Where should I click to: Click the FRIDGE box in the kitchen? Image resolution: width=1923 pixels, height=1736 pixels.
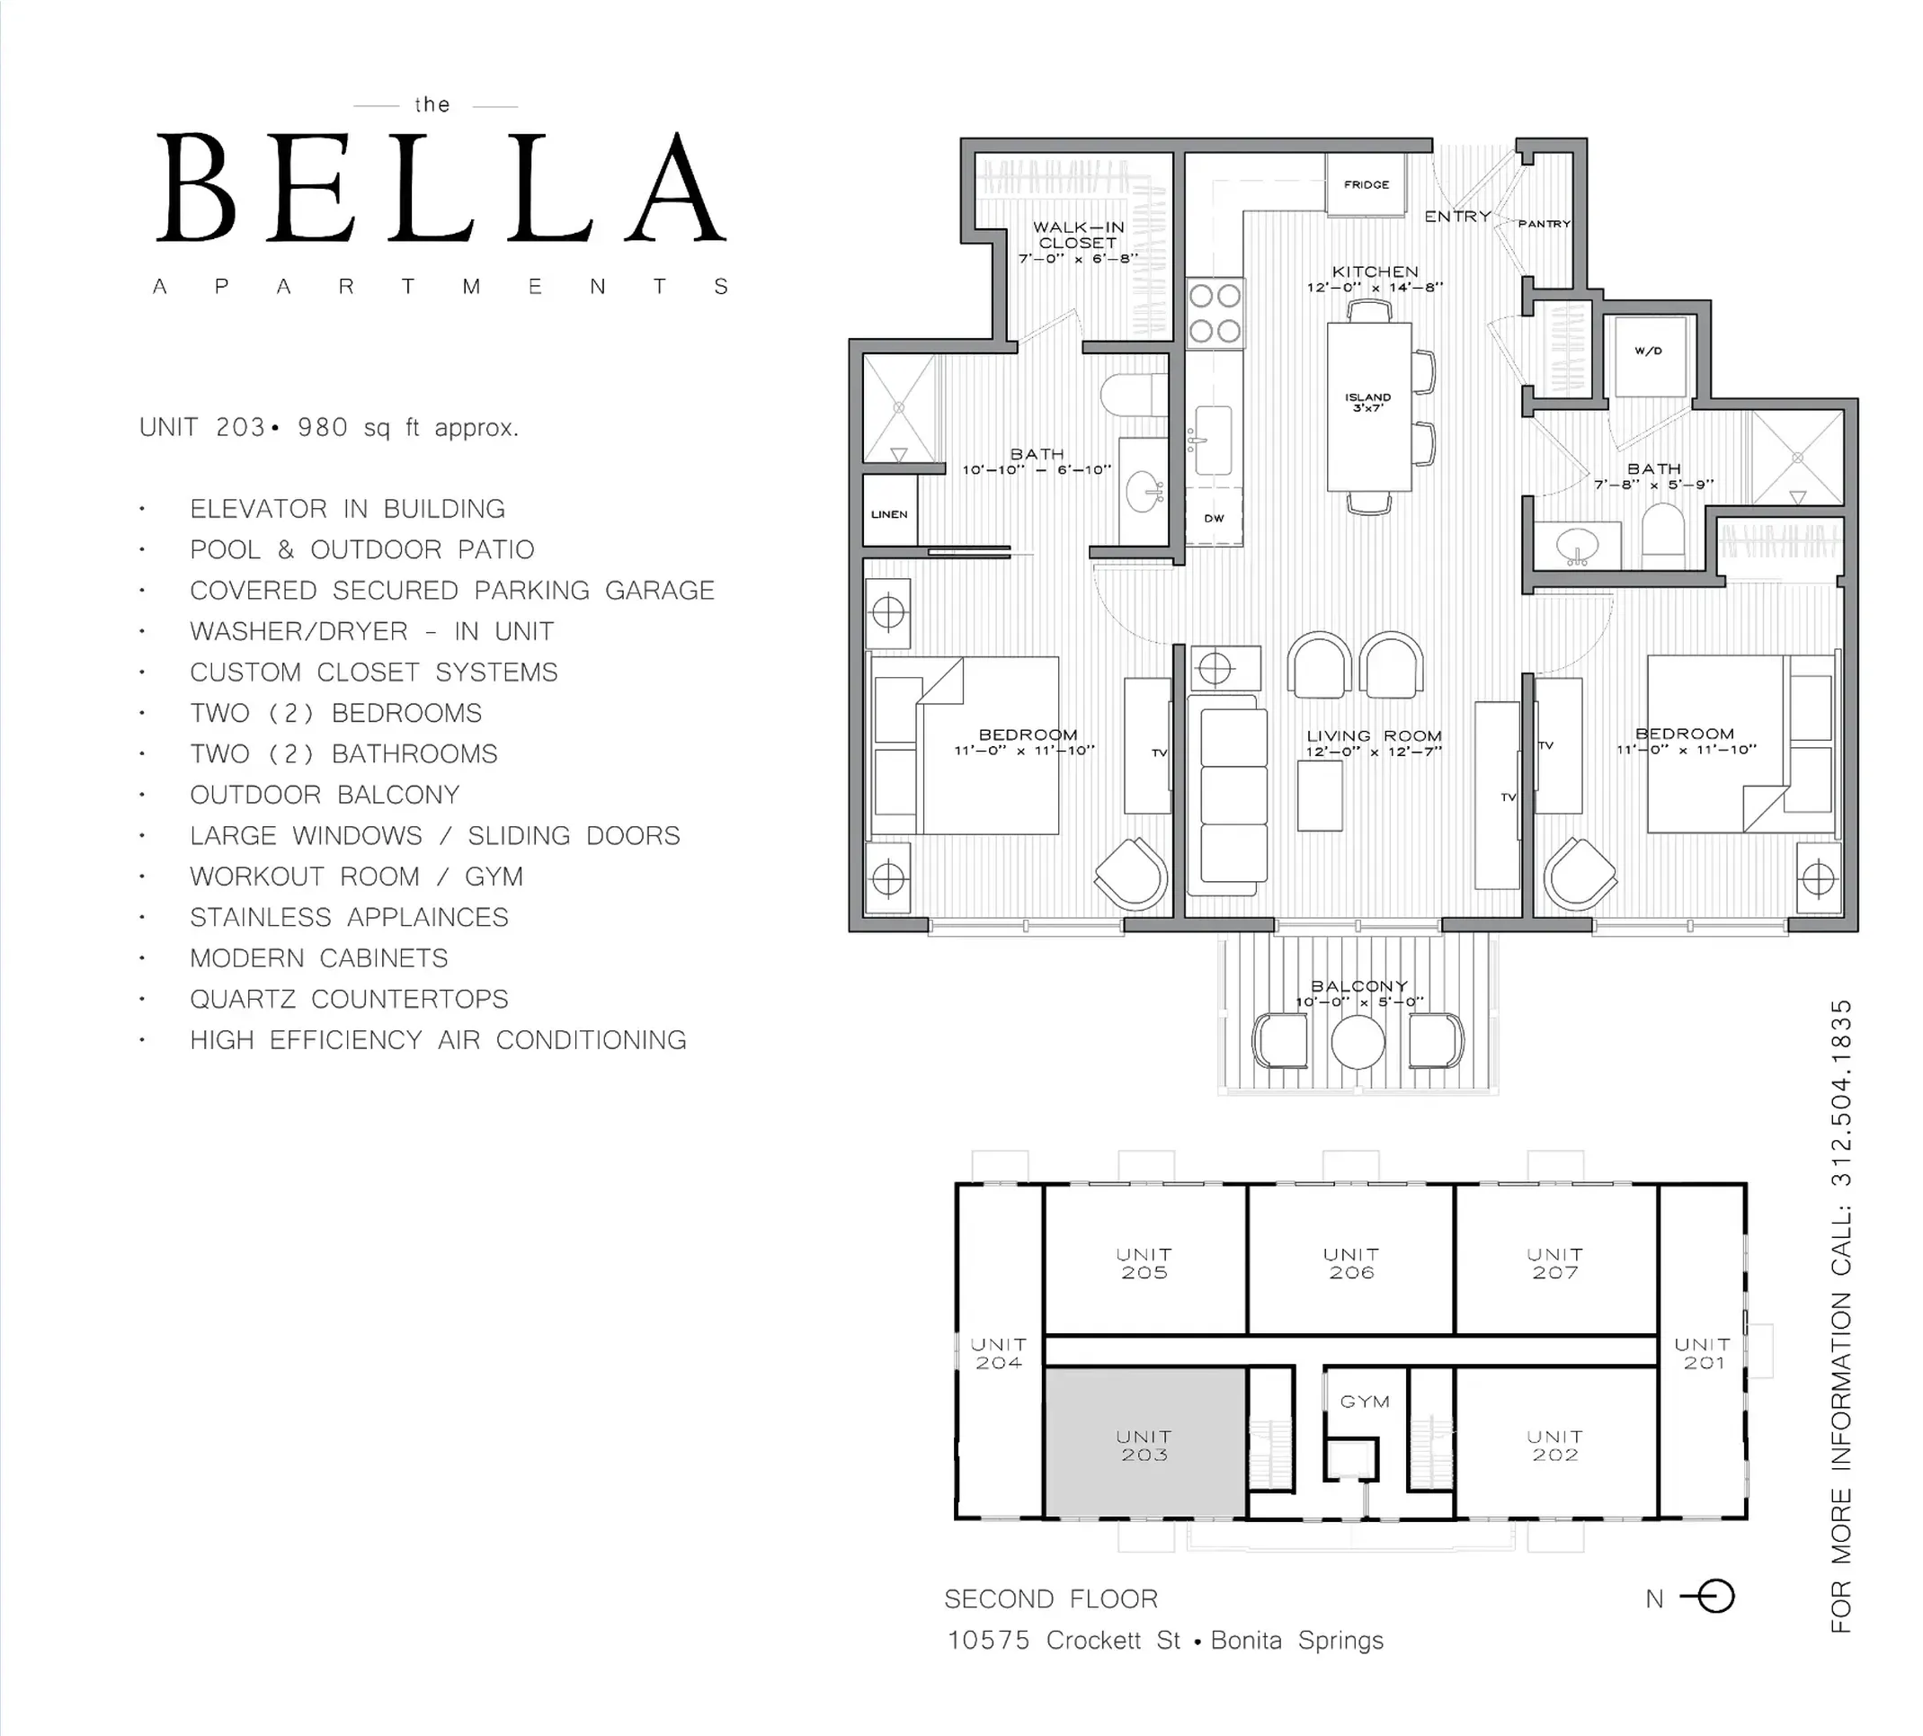[x=1367, y=184]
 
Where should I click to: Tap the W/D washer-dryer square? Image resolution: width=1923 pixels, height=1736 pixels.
[x=1649, y=357]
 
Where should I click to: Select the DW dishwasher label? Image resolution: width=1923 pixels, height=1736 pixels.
[x=1215, y=519]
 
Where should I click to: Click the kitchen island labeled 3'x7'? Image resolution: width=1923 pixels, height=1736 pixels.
[x=1369, y=406]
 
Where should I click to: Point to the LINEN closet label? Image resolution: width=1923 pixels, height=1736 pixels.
[x=889, y=514]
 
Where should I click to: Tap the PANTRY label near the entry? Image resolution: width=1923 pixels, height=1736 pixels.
[x=1545, y=224]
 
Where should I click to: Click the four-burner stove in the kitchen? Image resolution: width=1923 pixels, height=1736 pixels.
[x=1215, y=313]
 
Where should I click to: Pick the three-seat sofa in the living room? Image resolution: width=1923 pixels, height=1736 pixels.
[x=1233, y=795]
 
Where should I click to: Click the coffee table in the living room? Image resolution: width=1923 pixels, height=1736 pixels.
[x=1320, y=795]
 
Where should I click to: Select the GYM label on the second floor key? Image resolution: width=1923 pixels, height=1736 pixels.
[x=1365, y=1402]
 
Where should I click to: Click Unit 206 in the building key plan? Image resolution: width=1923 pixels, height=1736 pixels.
[x=1351, y=1263]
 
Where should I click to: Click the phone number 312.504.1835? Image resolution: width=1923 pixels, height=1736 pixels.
[x=1841, y=1093]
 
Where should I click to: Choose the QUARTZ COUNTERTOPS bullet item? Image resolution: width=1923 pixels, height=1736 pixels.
[x=349, y=999]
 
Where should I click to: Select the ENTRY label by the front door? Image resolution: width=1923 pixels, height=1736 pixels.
[x=1457, y=217]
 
